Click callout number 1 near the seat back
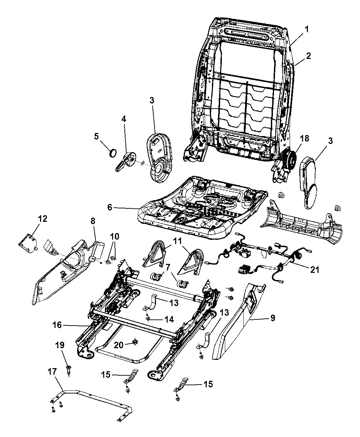(307, 30)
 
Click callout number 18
(304, 139)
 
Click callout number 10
(115, 236)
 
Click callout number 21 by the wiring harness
(314, 269)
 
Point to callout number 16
(57, 325)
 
